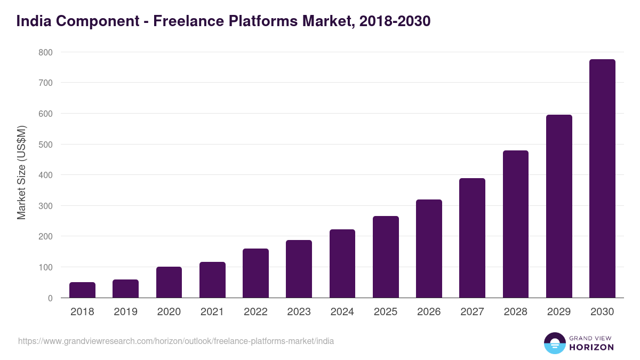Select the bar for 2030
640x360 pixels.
tap(602, 179)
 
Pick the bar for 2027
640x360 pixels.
tap(472, 238)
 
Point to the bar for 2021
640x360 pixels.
tap(212, 279)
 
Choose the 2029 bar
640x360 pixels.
tap(559, 206)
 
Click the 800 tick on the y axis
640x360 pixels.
tap(45, 52)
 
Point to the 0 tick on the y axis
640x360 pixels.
tap(50, 298)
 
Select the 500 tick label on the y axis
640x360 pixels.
tap(45, 145)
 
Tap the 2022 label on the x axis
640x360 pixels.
tap(255, 312)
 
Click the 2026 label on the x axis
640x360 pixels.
tap(429, 312)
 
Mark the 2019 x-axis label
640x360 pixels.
tap(125, 312)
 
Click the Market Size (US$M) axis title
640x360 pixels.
tap(21, 172)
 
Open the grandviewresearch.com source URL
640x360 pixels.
tap(176, 341)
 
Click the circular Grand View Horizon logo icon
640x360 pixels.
tap(554, 343)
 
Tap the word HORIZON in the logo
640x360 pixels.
tap(591, 347)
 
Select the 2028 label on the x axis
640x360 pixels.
tap(515, 312)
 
